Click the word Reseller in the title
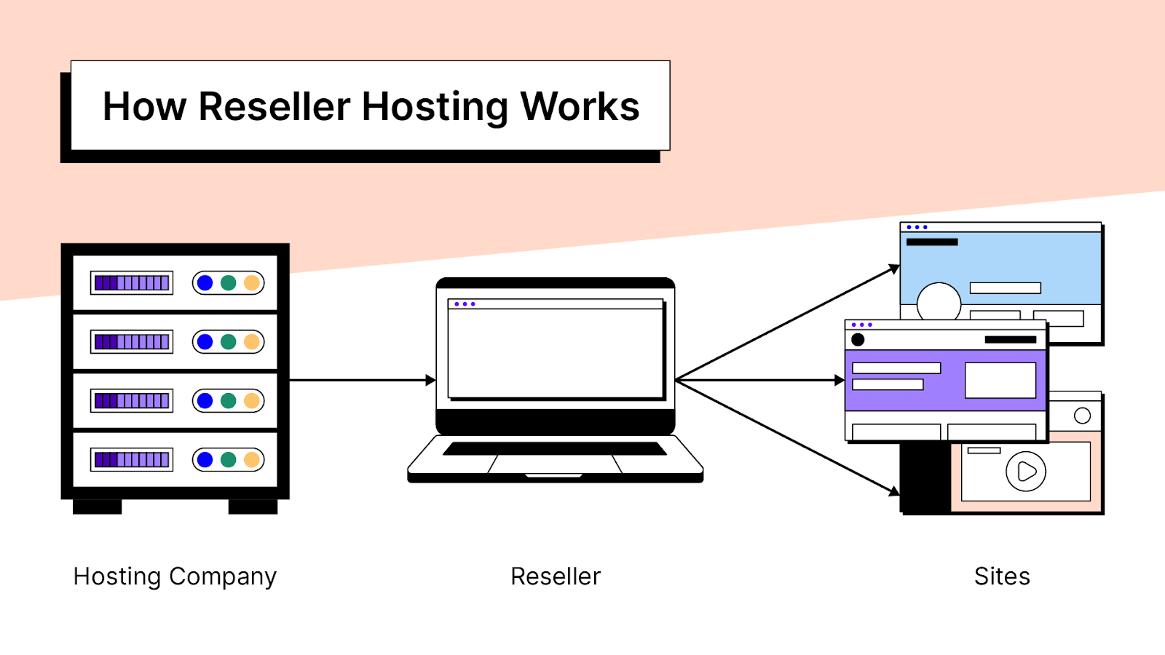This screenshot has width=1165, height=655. pyautogui.click(x=274, y=107)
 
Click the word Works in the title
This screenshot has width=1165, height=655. pyautogui.click(x=580, y=107)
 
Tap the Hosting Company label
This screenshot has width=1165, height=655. pyautogui.click(x=175, y=576)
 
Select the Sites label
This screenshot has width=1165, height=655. pyautogui.click(x=1002, y=576)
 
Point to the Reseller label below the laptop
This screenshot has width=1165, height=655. pyautogui.click(x=556, y=576)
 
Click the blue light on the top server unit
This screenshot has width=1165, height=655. pyautogui.click(x=205, y=283)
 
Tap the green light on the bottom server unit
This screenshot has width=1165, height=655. pyautogui.click(x=229, y=459)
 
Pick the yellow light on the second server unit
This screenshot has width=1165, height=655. pyautogui.click(x=252, y=342)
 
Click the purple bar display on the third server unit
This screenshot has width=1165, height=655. pyautogui.click(x=132, y=400)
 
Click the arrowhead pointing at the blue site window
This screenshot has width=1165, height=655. pyautogui.click(x=895, y=269)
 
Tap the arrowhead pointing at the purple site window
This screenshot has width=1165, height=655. pyautogui.click(x=840, y=380)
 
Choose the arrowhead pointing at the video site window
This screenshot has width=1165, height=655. pyautogui.click(x=895, y=491)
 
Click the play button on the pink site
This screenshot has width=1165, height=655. pyautogui.click(x=1026, y=472)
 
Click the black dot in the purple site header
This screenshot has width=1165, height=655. pyautogui.click(x=858, y=339)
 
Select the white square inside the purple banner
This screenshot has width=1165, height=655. pyautogui.click(x=1000, y=380)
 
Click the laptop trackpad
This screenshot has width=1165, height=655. pyautogui.click(x=555, y=464)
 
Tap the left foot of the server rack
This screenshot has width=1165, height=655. pyautogui.click(x=97, y=507)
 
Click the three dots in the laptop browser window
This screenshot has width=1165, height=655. pyautogui.click(x=465, y=304)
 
